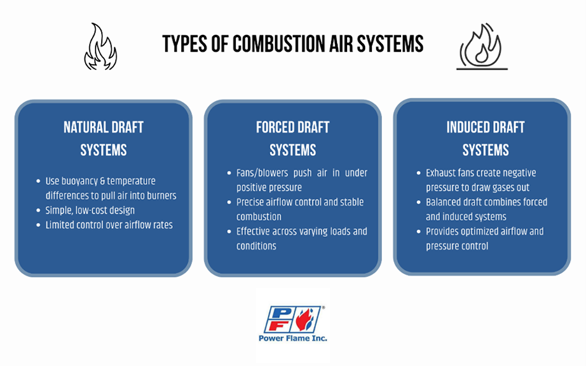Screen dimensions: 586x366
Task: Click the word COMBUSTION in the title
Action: click(x=279, y=43)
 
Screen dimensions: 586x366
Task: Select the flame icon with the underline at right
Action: click(x=482, y=47)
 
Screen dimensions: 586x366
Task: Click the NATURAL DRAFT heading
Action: click(x=104, y=128)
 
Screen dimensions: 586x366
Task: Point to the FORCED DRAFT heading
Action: click(x=292, y=128)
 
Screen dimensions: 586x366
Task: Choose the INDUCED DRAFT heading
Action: click(x=486, y=128)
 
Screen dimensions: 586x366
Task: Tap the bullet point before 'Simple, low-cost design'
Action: click(x=38, y=210)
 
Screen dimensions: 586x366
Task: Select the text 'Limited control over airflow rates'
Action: click(x=109, y=225)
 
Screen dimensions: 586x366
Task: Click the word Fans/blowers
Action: click(x=262, y=173)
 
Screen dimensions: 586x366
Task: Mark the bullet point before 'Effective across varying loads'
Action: click(x=229, y=231)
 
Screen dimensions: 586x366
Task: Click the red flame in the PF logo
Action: click(x=305, y=320)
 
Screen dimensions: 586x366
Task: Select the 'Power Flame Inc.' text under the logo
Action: click(x=292, y=339)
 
